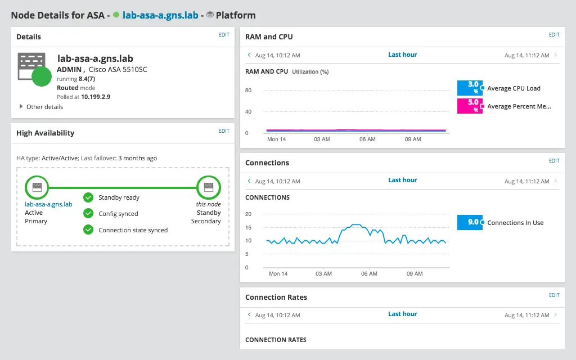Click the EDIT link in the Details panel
[x=224, y=35]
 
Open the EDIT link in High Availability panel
[x=224, y=131]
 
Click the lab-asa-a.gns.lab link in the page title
[x=160, y=16]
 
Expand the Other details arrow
[x=21, y=107]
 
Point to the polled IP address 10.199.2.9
[x=96, y=97]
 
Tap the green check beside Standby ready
[x=88, y=197]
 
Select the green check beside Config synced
[x=88, y=214]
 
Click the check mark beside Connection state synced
[x=88, y=229]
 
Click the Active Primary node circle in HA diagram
[x=37, y=187]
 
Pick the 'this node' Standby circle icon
[x=209, y=187]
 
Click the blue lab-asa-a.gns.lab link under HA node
[x=48, y=204]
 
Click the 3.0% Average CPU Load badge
[x=470, y=88]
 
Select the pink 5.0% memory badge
[x=470, y=106]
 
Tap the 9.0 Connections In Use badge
[x=470, y=222]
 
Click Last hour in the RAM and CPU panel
[x=402, y=55]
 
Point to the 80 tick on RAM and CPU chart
[x=248, y=91]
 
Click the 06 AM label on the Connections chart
[x=369, y=273]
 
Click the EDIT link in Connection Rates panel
[x=554, y=295]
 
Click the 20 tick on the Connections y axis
[x=248, y=214]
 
